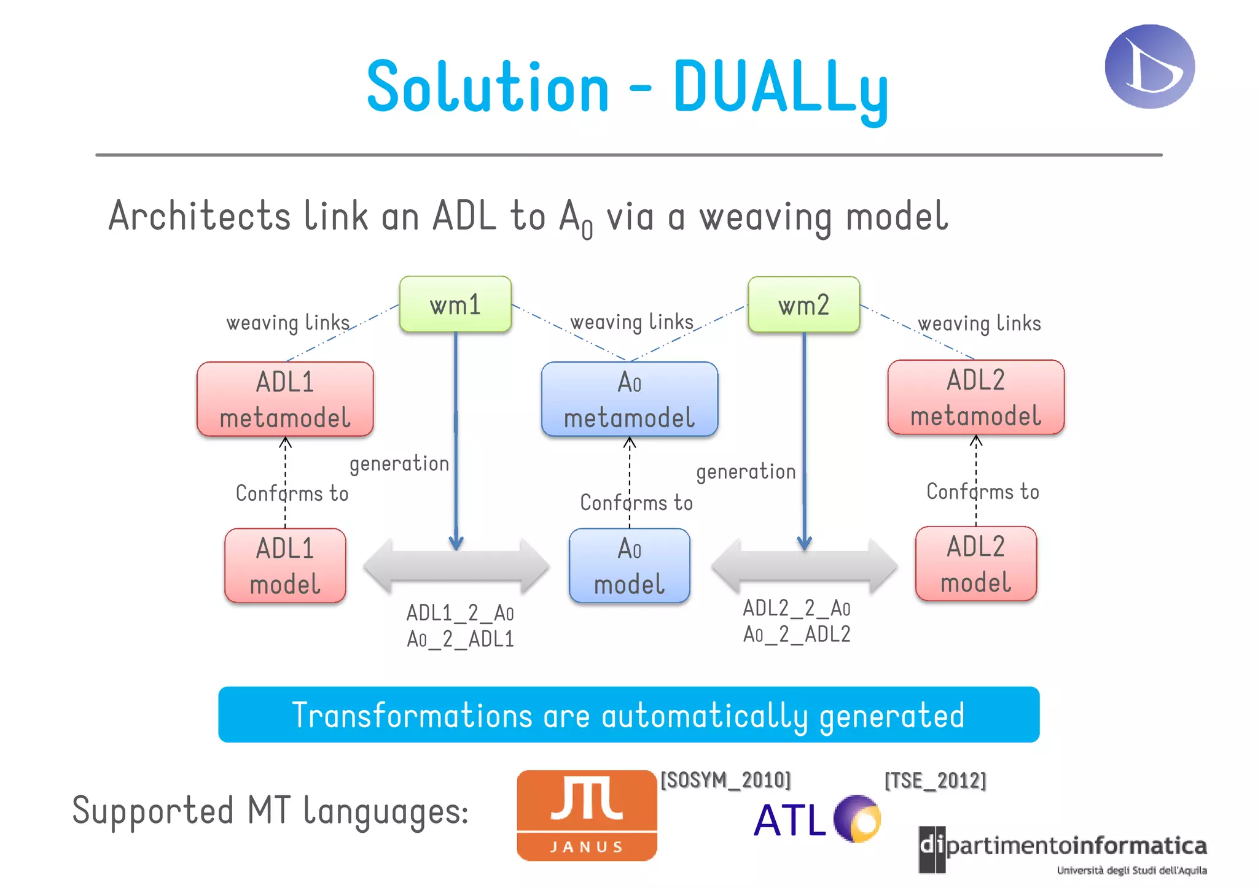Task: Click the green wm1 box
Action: pyautogui.click(x=455, y=304)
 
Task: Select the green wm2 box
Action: pyautogui.click(x=803, y=304)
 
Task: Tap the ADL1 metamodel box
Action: pyautogui.click(x=285, y=400)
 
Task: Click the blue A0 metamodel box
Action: pyautogui.click(x=629, y=400)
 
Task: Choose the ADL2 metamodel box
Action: pyautogui.click(x=975, y=398)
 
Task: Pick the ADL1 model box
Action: pyautogui.click(x=285, y=565)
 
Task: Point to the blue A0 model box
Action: pyautogui.click(x=629, y=565)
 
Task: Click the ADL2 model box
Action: pyautogui.click(x=975, y=563)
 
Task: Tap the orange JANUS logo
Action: pyautogui.click(x=587, y=815)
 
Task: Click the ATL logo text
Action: pyautogui.click(x=790, y=820)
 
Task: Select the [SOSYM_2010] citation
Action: pyautogui.click(x=725, y=780)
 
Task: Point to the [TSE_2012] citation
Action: pyautogui.click(x=935, y=781)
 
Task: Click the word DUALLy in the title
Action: pyautogui.click(x=780, y=88)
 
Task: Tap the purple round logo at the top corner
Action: pyautogui.click(x=1149, y=66)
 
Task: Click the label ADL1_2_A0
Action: pyautogui.click(x=460, y=612)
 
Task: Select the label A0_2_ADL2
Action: pyautogui.click(x=797, y=634)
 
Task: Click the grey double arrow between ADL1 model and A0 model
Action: pyautogui.click(x=456, y=566)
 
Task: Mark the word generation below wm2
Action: pyautogui.click(x=746, y=472)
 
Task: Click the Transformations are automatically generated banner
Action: pyautogui.click(x=628, y=715)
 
